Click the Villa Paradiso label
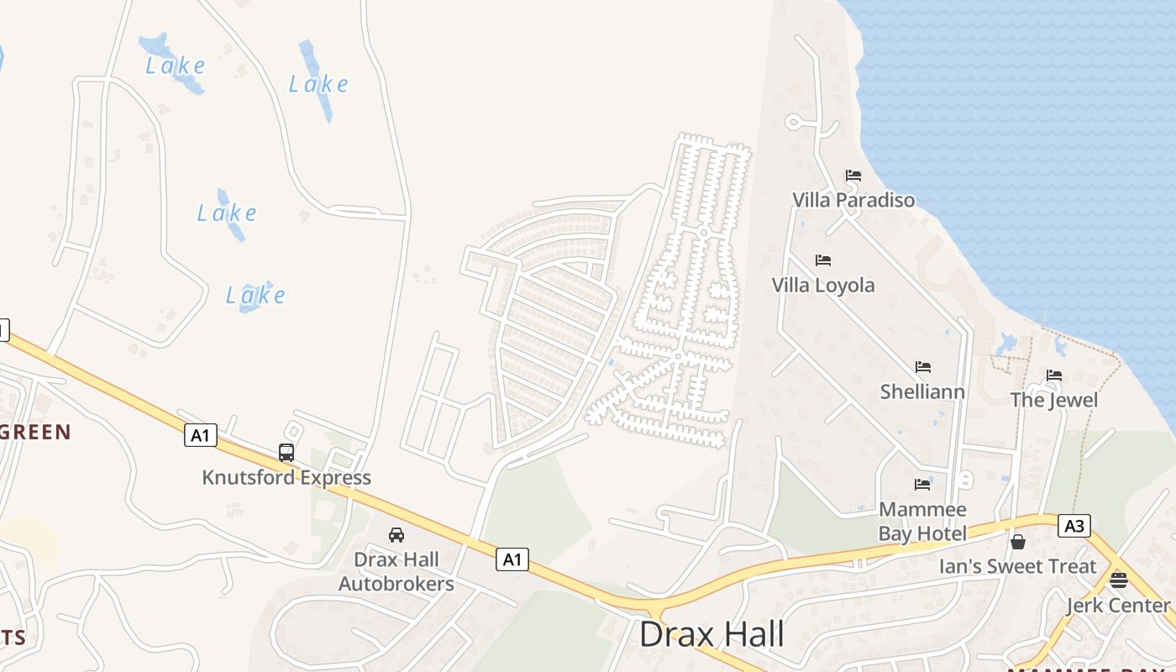point(853,201)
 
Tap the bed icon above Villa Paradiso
point(853,176)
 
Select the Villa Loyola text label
point(823,286)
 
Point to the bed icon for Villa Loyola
point(823,260)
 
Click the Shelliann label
point(922,392)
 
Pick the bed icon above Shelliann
point(923,367)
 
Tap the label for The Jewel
point(1054,400)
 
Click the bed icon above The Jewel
point(1054,375)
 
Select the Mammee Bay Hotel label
point(922,521)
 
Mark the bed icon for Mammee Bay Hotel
point(922,485)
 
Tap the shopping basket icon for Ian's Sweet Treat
point(1018,542)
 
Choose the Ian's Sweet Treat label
point(1018,567)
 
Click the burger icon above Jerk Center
point(1118,580)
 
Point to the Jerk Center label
point(1118,606)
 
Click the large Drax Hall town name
point(711,634)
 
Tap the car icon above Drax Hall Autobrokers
point(396,535)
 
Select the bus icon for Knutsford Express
point(286,453)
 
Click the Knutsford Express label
point(286,478)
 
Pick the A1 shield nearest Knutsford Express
point(200,435)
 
